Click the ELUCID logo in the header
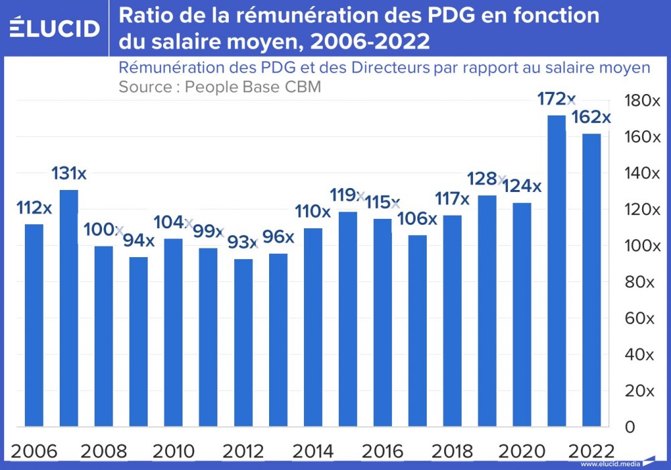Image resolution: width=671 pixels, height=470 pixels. point(54,28)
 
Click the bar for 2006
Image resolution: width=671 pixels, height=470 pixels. point(34,325)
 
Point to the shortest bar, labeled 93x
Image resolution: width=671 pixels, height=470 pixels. point(244,342)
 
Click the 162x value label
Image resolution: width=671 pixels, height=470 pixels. point(590,117)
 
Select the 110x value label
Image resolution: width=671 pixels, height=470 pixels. point(313,212)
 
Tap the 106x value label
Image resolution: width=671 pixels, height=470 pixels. point(417,219)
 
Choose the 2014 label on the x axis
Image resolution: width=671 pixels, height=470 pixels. point(313,451)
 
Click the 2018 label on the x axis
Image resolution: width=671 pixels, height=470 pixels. point(452,451)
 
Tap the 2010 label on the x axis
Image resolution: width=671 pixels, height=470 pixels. point(174,451)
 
